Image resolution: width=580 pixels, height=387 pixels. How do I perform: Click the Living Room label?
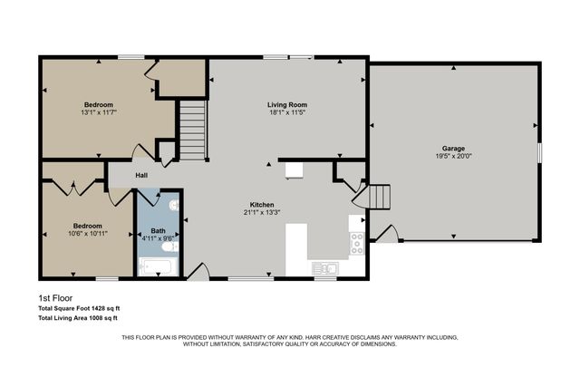pyautogui.click(x=286, y=104)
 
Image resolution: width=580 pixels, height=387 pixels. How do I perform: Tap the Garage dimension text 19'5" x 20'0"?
pyautogui.click(x=453, y=155)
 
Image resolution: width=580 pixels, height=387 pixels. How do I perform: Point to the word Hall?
pyautogui.click(x=141, y=176)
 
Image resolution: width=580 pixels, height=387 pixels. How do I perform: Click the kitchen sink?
pyautogui.click(x=324, y=267)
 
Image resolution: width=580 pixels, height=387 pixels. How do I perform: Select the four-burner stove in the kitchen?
pyautogui.click(x=356, y=241)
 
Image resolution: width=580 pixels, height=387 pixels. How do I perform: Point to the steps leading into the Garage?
pyautogui.click(x=380, y=197)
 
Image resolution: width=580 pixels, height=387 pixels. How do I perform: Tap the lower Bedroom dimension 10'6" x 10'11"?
pyautogui.click(x=87, y=234)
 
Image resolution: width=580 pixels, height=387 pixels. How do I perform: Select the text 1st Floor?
pyautogui.click(x=55, y=298)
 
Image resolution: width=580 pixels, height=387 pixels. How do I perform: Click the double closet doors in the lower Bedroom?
pyautogui.click(x=72, y=188)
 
